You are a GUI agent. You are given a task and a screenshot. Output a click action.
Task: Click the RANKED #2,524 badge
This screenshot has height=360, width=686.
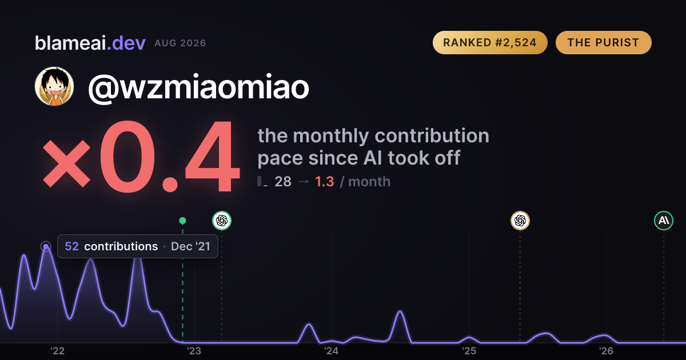pos(490,42)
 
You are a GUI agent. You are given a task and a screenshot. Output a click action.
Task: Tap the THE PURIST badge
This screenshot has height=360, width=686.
pos(603,42)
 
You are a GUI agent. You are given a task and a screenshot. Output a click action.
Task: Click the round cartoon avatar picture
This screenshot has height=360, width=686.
pos(54,86)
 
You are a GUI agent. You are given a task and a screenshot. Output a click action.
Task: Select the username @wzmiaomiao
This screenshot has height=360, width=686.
pos(198,87)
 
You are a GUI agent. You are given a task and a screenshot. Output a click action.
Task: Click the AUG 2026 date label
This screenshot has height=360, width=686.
pos(180,43)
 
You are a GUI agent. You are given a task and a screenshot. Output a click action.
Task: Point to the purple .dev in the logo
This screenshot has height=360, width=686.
pos(126,43)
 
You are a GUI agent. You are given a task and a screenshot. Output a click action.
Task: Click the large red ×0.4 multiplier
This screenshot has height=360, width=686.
pos(141,157)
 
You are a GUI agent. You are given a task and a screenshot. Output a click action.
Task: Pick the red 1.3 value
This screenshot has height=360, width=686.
pos(324,182)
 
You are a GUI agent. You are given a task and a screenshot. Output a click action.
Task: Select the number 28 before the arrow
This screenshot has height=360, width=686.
pos(283,182)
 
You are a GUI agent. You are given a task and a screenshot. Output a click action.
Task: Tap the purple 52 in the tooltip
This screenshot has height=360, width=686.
pos(71,246)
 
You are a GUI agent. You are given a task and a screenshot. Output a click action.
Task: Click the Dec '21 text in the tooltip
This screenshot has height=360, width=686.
pos(190,246)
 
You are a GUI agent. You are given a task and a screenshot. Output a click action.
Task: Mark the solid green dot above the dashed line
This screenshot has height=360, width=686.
pos(182,221)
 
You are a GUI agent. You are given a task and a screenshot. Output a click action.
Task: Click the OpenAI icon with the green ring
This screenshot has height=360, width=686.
pos(222,221)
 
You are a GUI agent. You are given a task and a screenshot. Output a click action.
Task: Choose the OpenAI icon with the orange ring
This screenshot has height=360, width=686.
pos(520,221)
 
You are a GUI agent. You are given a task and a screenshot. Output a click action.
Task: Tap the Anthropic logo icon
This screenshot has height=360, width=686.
pos(664,221)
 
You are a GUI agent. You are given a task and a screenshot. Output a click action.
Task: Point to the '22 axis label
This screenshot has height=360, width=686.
pos(57,351)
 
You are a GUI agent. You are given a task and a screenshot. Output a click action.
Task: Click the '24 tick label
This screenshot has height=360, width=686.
pos(332,351)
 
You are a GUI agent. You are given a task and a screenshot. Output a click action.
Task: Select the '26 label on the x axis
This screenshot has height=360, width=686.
pos(606,351)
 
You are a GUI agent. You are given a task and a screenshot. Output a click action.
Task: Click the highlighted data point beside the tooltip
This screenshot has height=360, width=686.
pos(46,246)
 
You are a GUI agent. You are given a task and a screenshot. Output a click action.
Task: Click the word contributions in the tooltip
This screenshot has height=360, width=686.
pos(121,246)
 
